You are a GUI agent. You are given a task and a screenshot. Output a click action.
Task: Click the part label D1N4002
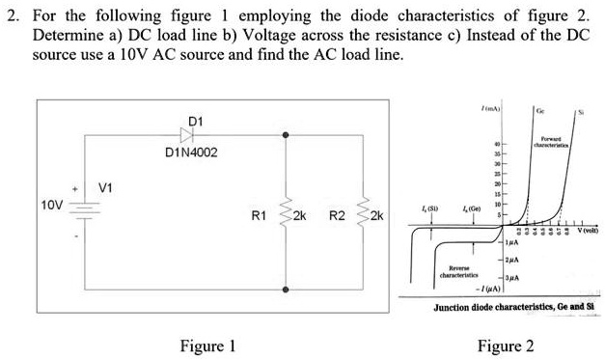click(x=191, y=153)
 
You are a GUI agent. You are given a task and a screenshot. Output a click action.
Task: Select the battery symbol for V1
click(x=84, y=206)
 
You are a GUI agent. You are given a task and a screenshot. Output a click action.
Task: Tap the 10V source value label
click(x=51, y=206)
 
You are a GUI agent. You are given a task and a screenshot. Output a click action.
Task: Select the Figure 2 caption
click(x=511, y=346)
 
